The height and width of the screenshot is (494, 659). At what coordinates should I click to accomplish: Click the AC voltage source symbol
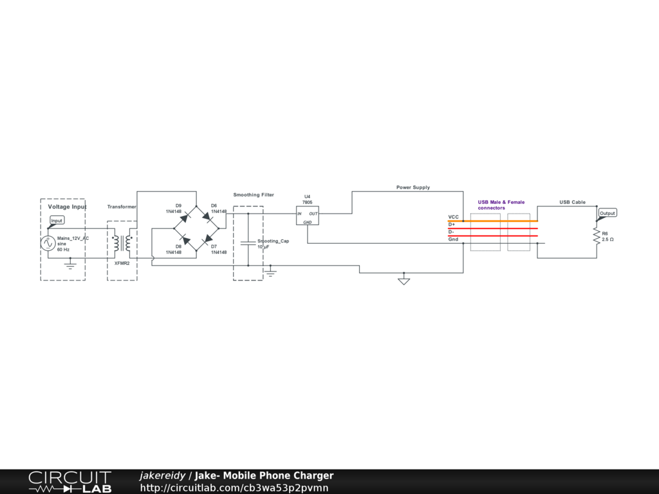click(x=47, y=243)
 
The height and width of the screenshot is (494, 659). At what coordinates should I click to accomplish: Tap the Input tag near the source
click(x=57, y=221)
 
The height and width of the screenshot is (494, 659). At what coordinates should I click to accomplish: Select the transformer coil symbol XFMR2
click(x=122, y=243)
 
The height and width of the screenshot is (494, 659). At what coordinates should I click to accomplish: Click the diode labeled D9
click(x=183, y=217)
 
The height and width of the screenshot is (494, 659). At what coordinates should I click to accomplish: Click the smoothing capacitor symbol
click(x=248, y=243)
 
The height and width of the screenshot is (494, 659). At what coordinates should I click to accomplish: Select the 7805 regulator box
click(x=308, y=215)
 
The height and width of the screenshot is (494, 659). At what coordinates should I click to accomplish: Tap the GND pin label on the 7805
click(x=308, y=222)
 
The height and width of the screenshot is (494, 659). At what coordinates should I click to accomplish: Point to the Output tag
click(x=608, y=213)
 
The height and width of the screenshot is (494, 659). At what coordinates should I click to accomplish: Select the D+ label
click(x=452, y=224)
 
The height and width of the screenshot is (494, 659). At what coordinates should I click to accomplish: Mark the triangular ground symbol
click(x=404, y=281)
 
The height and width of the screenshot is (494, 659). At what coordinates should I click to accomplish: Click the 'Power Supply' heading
click(x=413, y=187)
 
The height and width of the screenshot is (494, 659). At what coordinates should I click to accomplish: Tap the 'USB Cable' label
click(x=572, y=202)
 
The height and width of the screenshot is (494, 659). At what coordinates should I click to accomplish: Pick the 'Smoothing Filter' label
click(x=254, y=194)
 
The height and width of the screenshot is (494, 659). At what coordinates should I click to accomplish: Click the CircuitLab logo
click(x=70, y=482)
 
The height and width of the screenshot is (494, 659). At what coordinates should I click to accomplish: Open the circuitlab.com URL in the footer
click(x=234, y=488)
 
